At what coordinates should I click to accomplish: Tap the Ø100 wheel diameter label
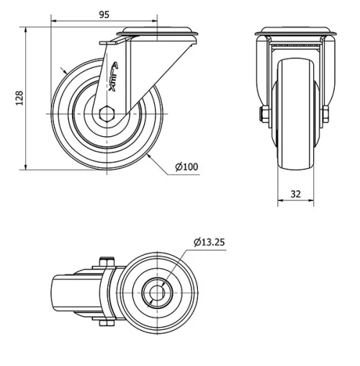(186, 167)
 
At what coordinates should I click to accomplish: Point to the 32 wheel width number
(297, 193)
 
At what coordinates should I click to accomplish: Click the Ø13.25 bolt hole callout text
(209, 242)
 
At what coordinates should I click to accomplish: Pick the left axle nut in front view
(260, 113)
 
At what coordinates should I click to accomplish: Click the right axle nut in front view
(325, 113)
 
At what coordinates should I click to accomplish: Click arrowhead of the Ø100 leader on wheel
(147, 153)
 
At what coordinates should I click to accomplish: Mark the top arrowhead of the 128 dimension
(27, 30)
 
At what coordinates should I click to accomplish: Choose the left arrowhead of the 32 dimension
(279, 202)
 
